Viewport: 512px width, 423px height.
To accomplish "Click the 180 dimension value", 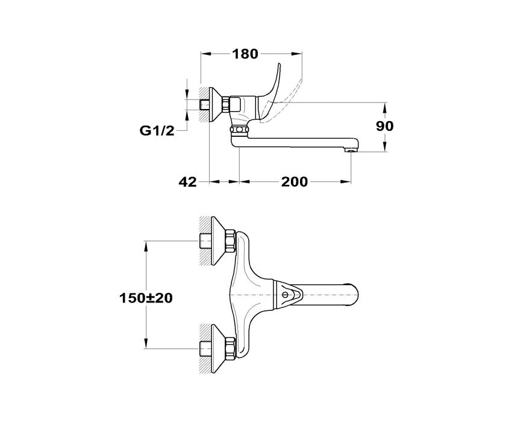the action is [245, 54].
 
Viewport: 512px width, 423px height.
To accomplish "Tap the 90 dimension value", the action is [385, 126].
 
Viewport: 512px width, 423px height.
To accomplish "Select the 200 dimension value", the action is [294, 181].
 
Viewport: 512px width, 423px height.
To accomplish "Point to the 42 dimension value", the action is [188, 181].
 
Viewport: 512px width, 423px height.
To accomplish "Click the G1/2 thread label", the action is [157, 131].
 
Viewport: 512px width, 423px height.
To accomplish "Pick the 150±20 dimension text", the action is [146, 298].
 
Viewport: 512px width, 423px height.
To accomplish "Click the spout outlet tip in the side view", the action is [351, 151].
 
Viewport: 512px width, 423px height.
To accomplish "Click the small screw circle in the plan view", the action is [285, 295].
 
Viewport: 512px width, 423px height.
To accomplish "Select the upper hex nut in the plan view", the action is [230, 241].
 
